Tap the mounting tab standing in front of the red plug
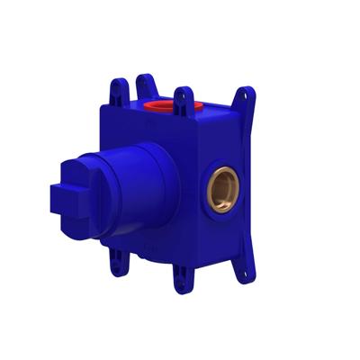coord(184,100)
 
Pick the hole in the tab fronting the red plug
coord(184,94)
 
